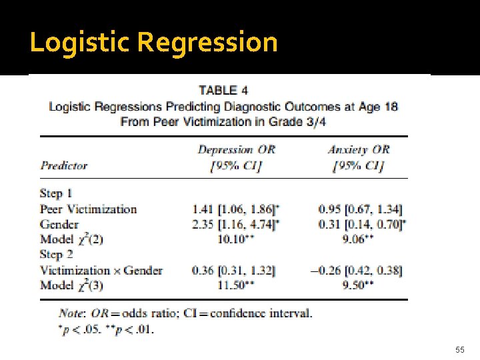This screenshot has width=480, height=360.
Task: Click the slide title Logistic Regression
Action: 153,42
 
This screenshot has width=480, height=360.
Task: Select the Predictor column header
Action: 64,165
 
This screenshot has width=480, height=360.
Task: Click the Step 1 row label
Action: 56,193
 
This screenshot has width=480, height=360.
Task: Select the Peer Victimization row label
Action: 88,209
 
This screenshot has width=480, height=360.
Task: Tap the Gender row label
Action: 59,224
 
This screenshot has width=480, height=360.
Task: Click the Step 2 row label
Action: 56,254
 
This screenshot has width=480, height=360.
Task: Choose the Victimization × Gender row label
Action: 101,270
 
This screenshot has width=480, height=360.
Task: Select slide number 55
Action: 459,349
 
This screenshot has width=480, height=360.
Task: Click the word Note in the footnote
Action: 70,313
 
